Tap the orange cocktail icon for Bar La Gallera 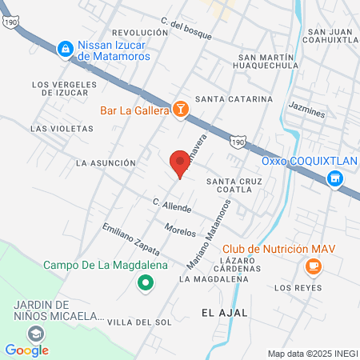point(182,110)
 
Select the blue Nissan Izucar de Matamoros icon point(63,50)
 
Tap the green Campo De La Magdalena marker point(145,282)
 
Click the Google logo point(26,350)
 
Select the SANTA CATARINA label point(234,99)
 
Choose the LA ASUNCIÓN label point(105,162)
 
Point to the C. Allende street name point(172,206)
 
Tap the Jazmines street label point(307,114)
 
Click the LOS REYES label point(298,287)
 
